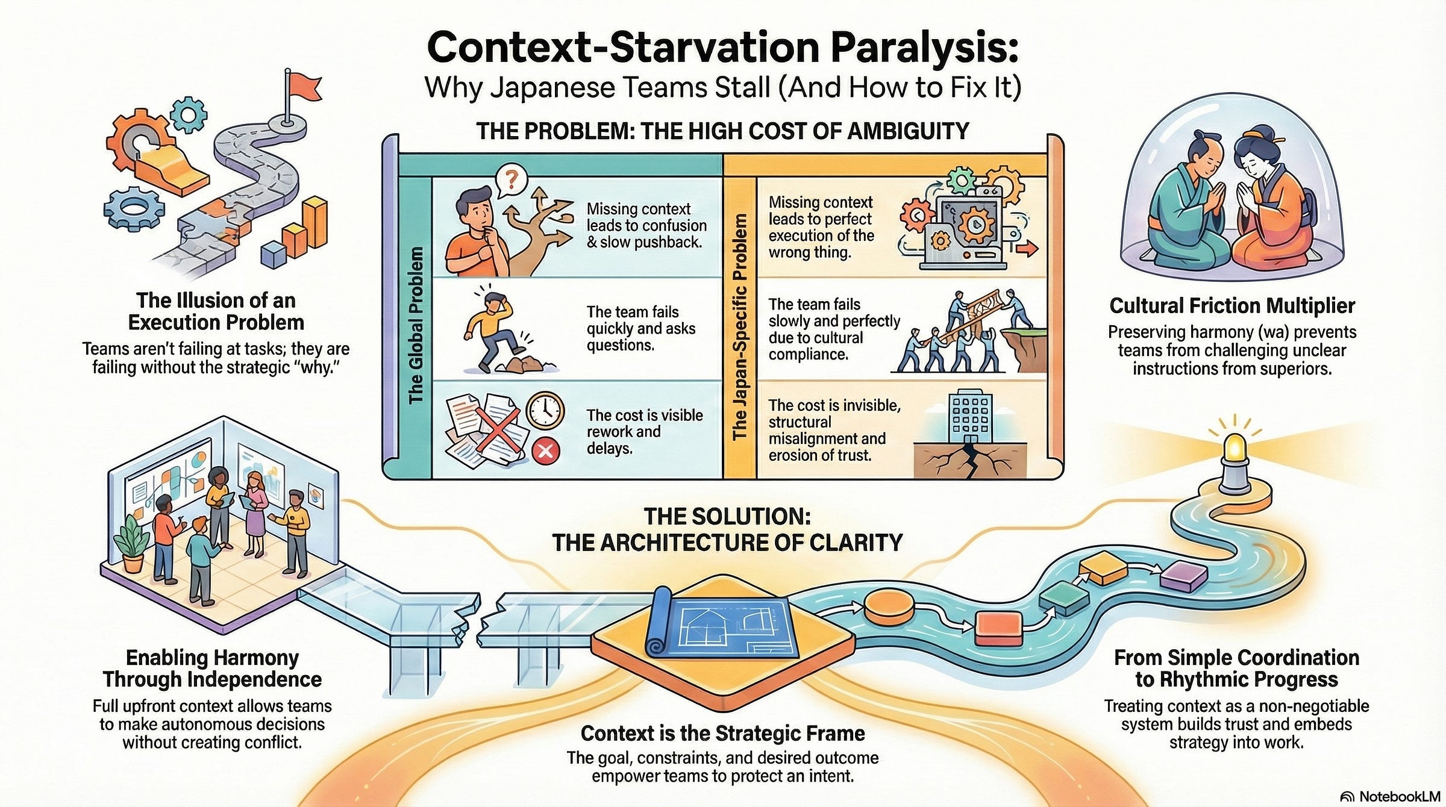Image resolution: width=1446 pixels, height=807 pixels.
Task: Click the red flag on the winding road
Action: point(303,89)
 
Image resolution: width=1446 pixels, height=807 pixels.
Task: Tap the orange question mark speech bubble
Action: point(511,179)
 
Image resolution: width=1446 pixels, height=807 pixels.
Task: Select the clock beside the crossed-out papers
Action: point(545,410)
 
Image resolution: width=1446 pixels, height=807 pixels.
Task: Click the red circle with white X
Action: point(545,450)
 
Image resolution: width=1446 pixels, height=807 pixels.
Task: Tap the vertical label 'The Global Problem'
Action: point(416,325)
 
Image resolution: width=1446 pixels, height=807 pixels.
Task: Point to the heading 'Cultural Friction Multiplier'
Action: point(1232,306)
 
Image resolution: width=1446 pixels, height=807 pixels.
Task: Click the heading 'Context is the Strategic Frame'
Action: point(722,733)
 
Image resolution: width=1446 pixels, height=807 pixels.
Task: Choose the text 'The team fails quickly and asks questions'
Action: point(640,328)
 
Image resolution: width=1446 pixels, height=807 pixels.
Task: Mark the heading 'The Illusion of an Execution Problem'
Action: point(216,311)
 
